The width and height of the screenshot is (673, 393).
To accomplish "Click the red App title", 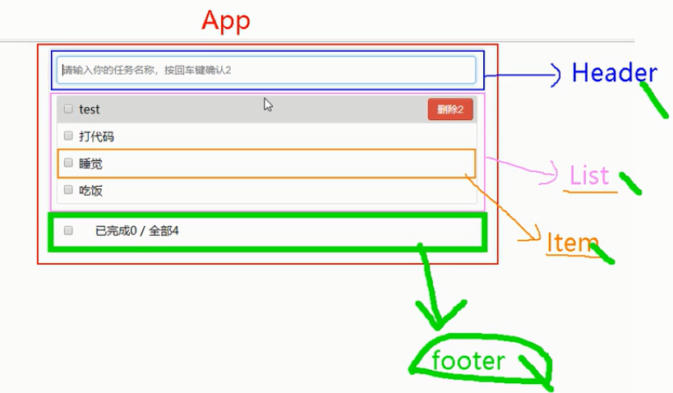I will (x=225, y=21).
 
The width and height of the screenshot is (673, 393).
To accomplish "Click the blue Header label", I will (x=614, y=73).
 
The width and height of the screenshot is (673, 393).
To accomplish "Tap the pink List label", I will (x=589, y=175).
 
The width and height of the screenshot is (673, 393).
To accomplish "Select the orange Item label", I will (x=571, y=242).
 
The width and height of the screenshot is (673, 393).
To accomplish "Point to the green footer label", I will (x=468, y=360).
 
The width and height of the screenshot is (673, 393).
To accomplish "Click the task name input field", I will (x=267, y=70).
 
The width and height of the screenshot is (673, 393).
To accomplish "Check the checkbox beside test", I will (x=68, y=109).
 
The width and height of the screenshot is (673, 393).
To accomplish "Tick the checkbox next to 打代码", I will (x=68, y=136).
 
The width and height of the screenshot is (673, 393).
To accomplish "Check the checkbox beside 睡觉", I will (x=68, y=164).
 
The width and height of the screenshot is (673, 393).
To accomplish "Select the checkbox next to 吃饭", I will (x=68, y=191).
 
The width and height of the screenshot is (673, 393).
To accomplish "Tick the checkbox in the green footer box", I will (x=68, y=230).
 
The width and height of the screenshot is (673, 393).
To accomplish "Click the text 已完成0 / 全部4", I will (x=137, y=230).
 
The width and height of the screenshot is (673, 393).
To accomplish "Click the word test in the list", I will (x=90, y=109).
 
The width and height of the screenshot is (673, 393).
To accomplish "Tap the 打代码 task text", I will (x=96, y=136).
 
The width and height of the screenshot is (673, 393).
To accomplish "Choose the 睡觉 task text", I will (x=90, y=164).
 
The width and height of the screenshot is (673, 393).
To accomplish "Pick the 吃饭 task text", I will (x=90, y=191).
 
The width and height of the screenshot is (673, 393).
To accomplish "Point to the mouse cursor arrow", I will (x=268, y=104).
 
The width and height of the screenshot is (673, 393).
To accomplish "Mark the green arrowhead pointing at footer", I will (x=437, y=316).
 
